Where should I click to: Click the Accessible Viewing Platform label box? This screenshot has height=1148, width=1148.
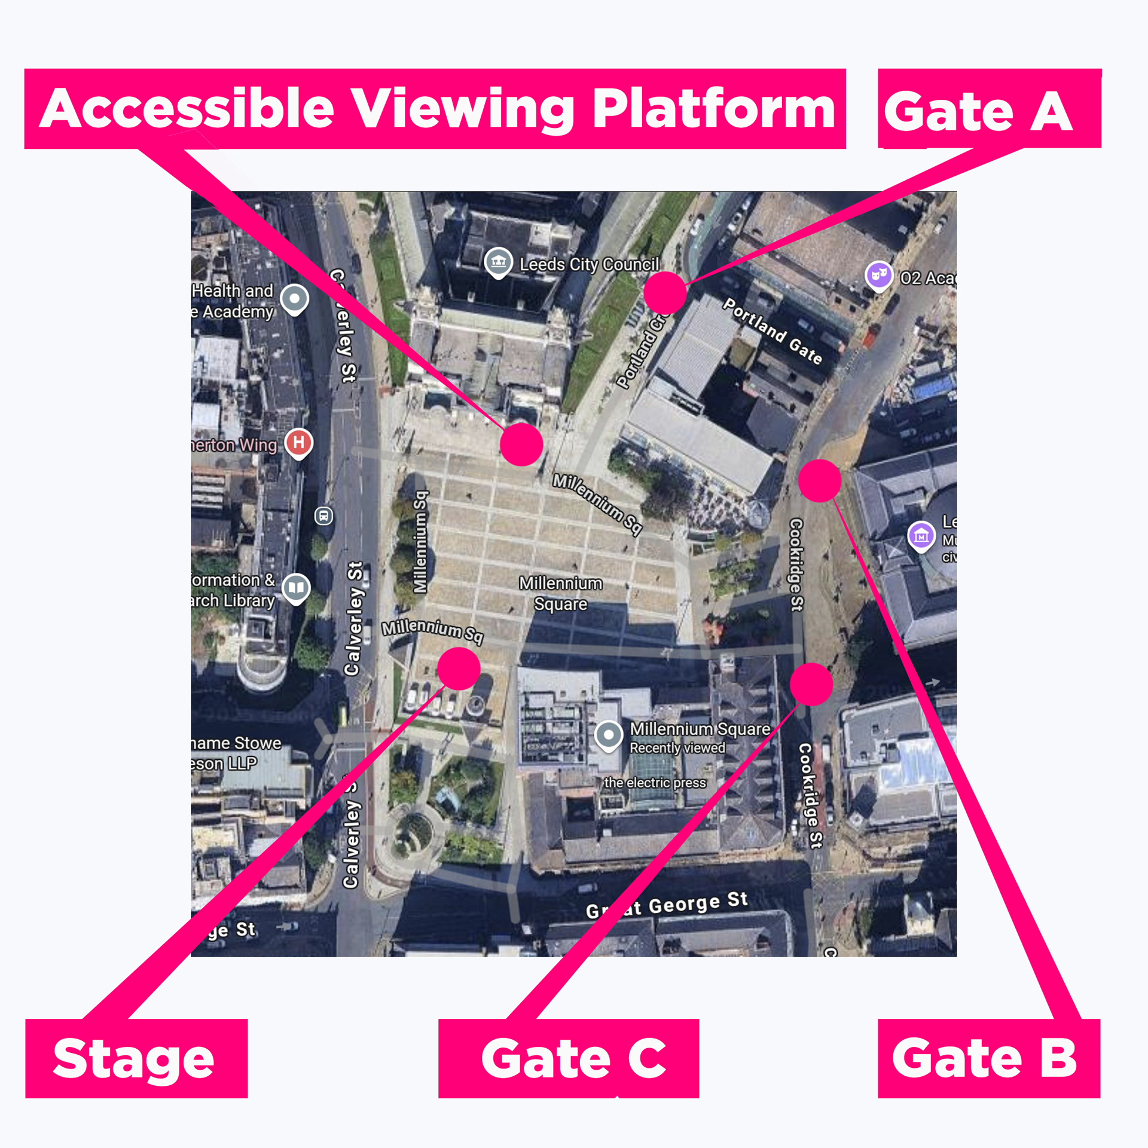(435, 109)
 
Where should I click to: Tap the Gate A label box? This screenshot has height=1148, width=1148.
(989, 109)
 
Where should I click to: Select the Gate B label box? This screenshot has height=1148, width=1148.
(988, 1058)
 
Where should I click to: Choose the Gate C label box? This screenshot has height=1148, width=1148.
(568, 1058)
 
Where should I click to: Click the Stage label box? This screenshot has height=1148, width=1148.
(136, 1058)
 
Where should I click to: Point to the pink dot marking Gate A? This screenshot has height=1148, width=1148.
(665, 292)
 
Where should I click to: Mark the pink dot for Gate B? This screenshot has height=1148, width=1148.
(820, 481)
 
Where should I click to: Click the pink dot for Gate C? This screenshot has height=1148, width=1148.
(811, 684)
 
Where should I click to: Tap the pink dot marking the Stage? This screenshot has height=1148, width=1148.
(459, 668)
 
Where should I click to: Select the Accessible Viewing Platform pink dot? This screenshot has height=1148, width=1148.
(521, 444)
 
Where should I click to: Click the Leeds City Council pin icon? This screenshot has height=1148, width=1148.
(498, 262)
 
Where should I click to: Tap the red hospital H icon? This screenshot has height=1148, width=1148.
(298, 443)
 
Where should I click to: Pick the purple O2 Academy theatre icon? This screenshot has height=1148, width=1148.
(879, 275)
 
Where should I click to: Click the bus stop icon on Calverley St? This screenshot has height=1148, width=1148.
(323, 515)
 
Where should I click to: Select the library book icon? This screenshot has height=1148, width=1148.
(296, 588)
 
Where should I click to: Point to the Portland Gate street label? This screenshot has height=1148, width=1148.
(773, 331)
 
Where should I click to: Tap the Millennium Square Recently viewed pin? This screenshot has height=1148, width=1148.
(609, 734)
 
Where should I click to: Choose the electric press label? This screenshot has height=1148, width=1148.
(655, 783)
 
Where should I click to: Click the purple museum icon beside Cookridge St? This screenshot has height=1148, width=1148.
(921, 536)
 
